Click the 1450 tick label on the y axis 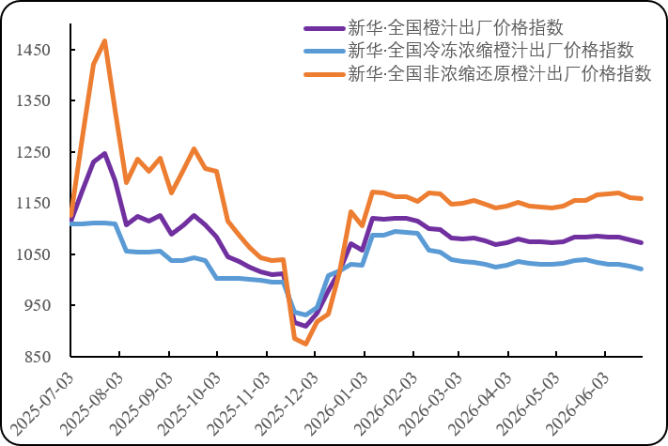[x=33, y=50]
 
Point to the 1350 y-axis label [x=33, y=100]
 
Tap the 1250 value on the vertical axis [x=33, y=152]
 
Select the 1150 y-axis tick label [x=33, y=203]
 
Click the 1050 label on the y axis [x=33, y=254]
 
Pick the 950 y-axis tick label [x=38, y=305]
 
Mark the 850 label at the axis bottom [x=38, y=357]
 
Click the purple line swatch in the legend [x=324, y=28]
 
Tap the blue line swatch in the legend [x=324, y=51]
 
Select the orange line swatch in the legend [x=324, y=74]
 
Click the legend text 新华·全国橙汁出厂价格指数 [x=456, y=28]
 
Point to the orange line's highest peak [x=105, y=41]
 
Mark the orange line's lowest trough [x=305, y=344]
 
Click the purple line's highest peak [x=105, y=153]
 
